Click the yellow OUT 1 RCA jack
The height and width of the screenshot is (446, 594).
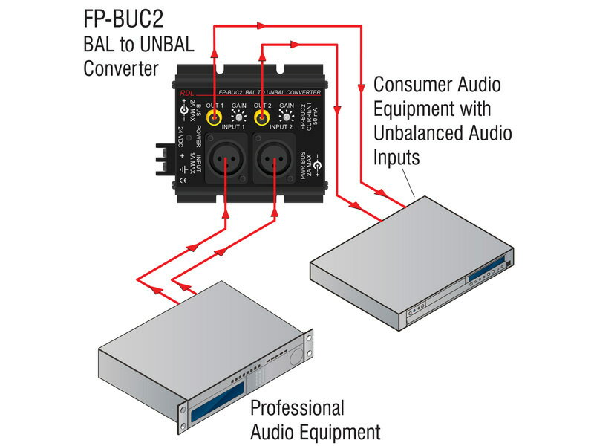[x=215, y=117]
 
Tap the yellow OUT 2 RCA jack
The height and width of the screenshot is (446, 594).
[x=261, y=117]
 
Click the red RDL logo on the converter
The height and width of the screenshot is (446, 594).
[x=186, y=94]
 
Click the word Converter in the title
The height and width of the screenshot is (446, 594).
[x=120, y=69]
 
